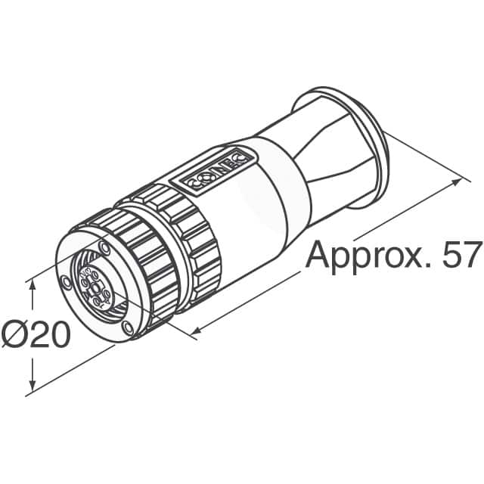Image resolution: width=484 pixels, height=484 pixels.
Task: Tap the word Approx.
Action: click(x=357, y=256)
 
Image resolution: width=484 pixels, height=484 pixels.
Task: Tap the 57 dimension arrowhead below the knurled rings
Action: click(x=197, y=330)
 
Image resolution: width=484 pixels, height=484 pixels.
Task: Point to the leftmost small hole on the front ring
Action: click(x=67, y=282)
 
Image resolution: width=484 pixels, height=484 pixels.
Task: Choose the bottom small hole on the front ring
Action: click(x=126, y=327)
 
